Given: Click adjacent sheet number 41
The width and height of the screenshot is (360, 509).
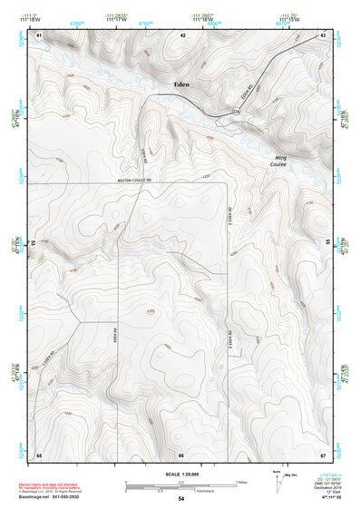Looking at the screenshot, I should point(39,34).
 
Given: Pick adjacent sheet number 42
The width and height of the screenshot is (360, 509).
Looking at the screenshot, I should point(182,34).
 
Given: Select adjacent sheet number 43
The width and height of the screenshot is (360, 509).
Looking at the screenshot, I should point(323,34).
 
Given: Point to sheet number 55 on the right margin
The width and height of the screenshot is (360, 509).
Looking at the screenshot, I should point(328,243).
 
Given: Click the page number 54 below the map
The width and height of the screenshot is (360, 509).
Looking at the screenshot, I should point(181,499).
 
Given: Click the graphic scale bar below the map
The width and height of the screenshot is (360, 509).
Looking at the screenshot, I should point(181,485).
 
